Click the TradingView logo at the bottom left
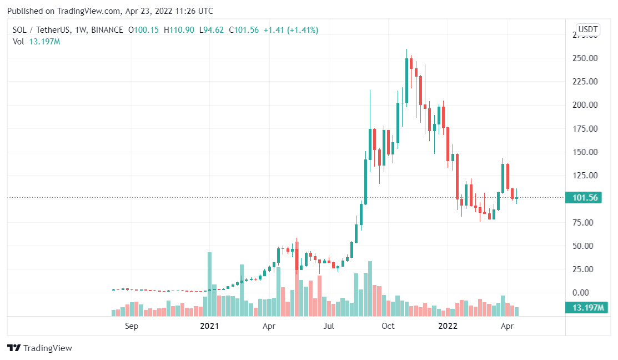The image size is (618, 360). click(39, 348)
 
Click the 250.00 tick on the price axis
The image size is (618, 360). click(585, 58)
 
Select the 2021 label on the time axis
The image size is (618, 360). click(209, 326)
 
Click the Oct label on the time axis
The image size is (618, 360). click(388, 326)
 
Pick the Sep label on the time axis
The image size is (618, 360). click(132, 326)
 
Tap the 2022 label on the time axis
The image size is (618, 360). click(448, 326)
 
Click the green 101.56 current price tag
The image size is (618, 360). click(583, 198)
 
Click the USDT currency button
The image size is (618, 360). click(587, 29)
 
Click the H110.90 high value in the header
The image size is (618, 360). click(179, 30)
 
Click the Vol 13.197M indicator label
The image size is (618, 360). click(36, 42)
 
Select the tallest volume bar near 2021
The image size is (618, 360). click(209, 283)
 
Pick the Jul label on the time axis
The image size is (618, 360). click(329, 326)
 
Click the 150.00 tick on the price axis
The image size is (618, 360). click(585, 152)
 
